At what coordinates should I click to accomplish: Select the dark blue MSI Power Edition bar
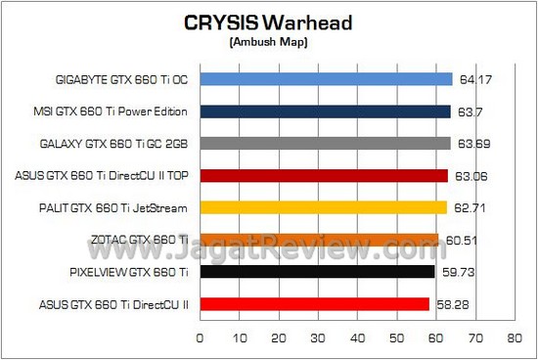(x=325, y=112)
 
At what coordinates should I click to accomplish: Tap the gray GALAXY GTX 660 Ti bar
(x=325, y=144)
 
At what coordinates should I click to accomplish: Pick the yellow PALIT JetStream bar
(x=323, y=207)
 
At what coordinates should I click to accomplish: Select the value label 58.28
(x=450, y=304)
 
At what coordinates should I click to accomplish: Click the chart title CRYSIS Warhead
(x=268, y=24)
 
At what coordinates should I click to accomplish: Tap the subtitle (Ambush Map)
(x=268, y=43)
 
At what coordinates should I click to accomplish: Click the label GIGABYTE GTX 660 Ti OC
(x=122, y=80)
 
